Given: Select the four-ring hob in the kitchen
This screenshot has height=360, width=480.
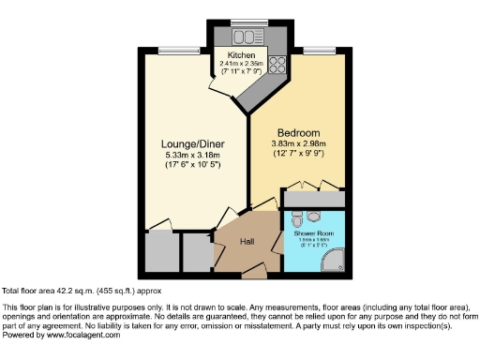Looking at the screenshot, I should tap(278, 66).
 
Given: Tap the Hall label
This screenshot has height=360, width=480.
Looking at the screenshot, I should tap(247, 241).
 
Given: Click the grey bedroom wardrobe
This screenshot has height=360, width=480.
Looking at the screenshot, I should tap(315, 200).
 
